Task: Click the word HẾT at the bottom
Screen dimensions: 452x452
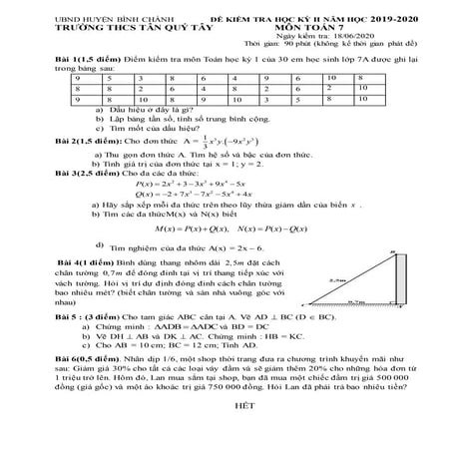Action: click(x=228, y=434)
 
